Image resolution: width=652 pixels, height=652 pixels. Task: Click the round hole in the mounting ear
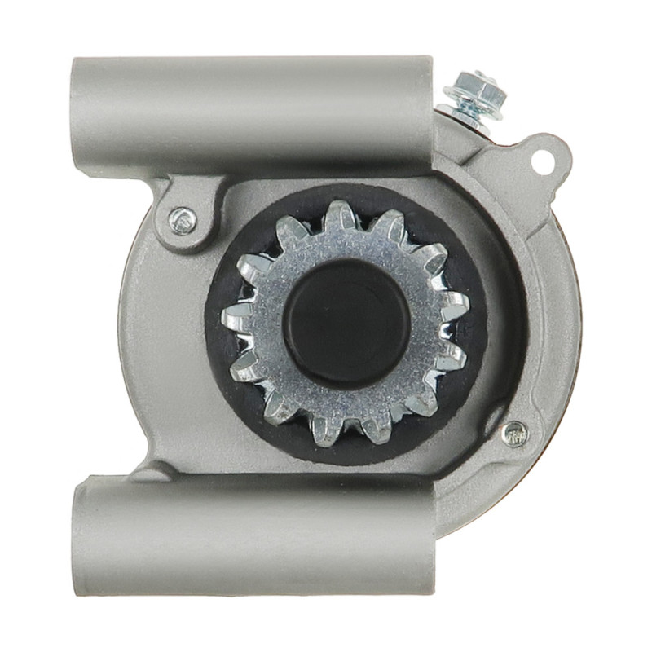point(541,160)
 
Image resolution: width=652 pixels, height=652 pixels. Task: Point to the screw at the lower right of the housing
point(514,434)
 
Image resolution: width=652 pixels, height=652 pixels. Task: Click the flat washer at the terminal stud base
point(465,111)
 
